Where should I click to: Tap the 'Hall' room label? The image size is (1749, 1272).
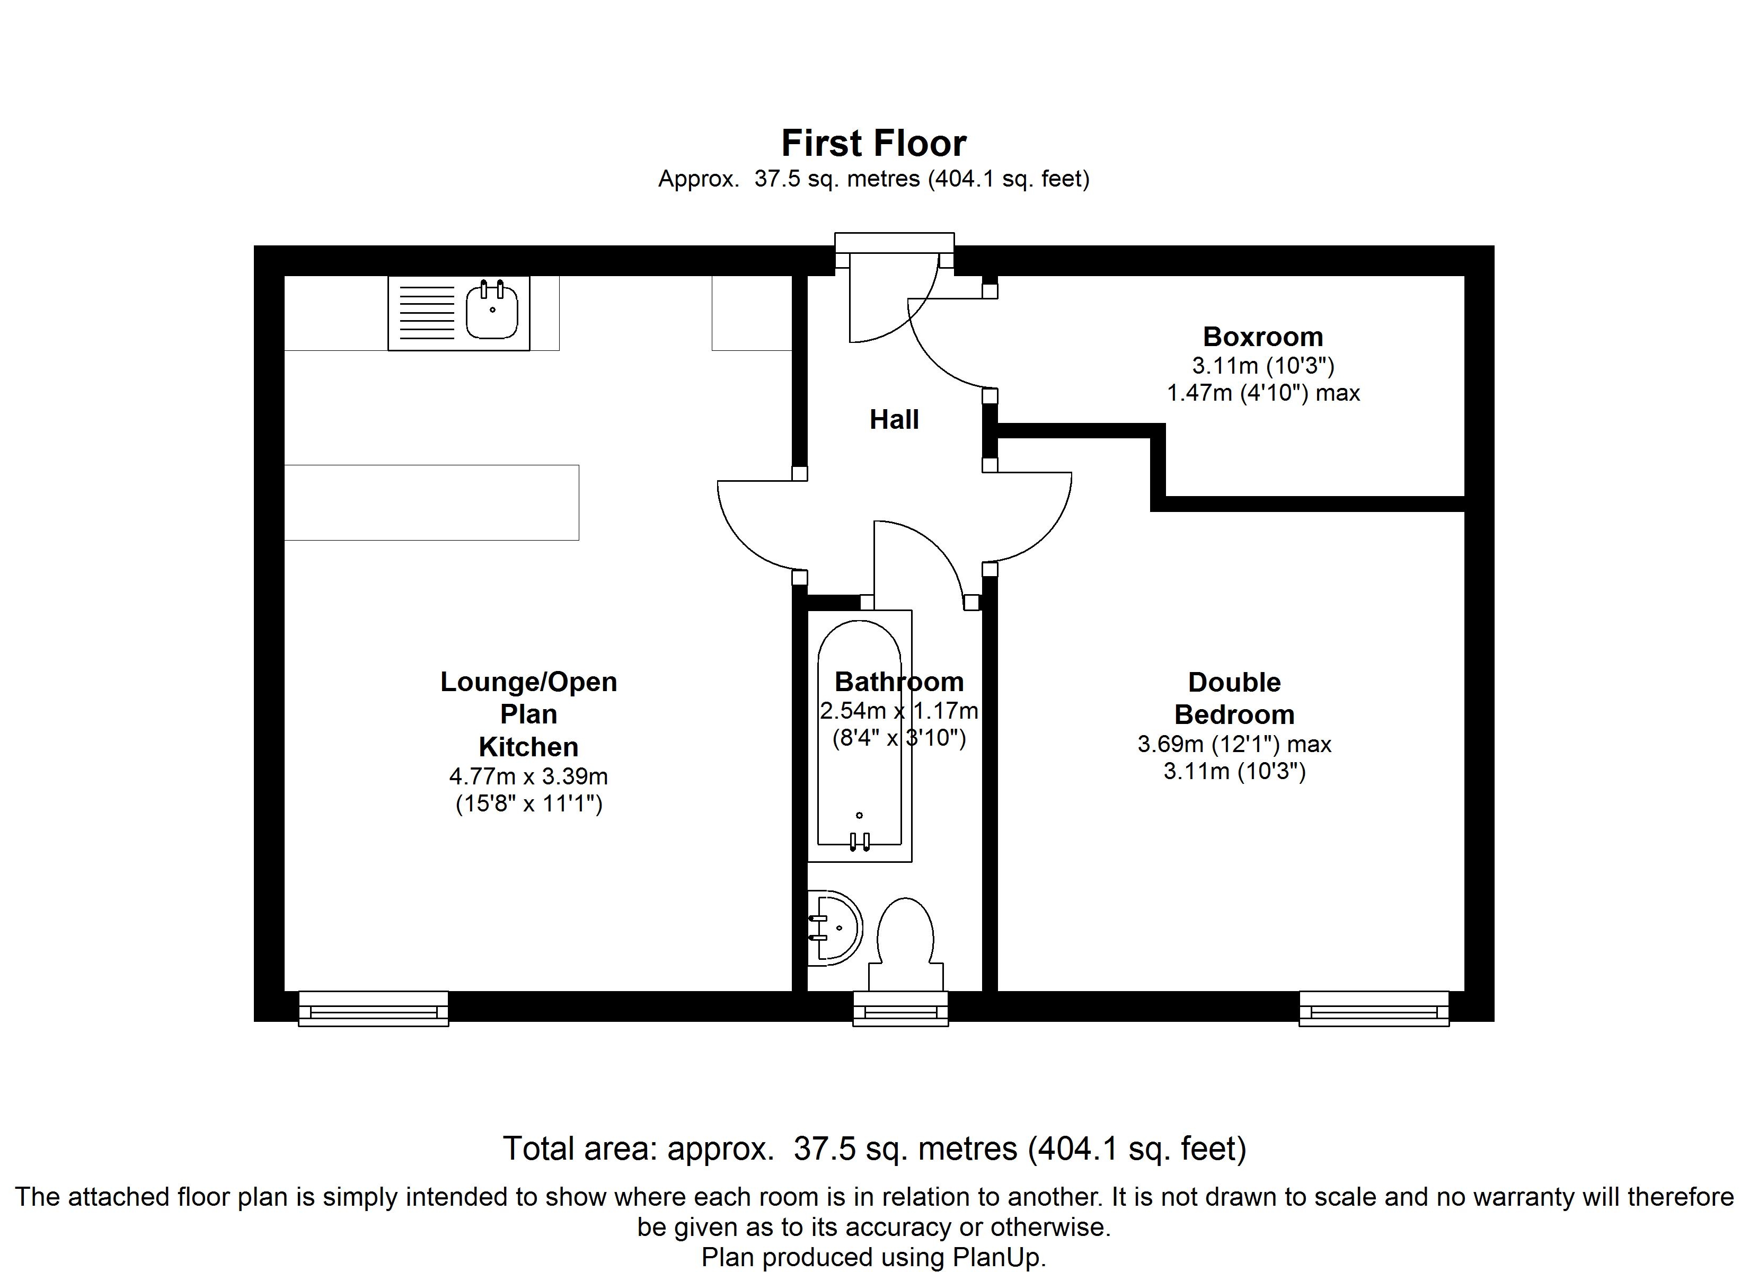point(895,420)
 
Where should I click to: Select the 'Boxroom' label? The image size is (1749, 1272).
point(1263,337)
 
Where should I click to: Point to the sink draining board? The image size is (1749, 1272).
point(427,312)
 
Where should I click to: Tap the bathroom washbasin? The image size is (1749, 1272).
point(836,928)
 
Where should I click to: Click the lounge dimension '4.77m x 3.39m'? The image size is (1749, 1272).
point(529,776)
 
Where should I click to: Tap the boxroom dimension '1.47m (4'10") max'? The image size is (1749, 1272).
point(1263,393)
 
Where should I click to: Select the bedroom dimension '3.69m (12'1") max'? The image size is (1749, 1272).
point(1234,744)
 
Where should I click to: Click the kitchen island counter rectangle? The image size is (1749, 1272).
point(432,502)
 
